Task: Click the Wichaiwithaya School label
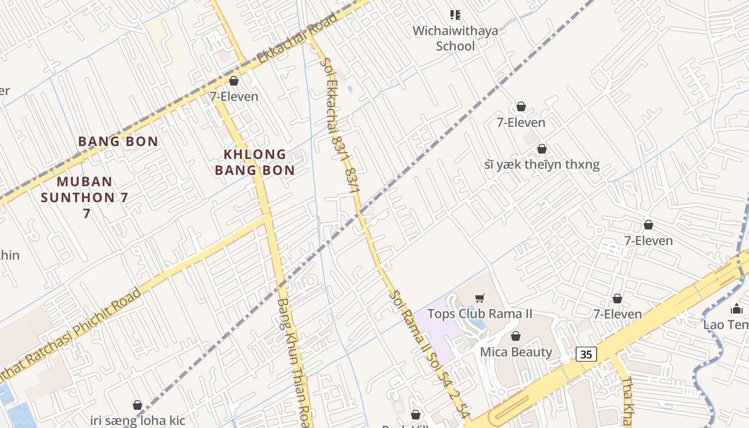(455, 38)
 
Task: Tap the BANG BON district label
(118, 141)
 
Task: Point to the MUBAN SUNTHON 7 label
(85, 196)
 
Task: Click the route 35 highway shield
(586, 354)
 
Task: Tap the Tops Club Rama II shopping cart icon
(480, 298)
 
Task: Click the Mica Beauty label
(516, 352)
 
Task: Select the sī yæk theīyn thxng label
(541, 164)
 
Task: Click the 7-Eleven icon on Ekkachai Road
(234, 81)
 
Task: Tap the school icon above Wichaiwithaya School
(455, 14)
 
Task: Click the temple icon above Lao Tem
(736, 309)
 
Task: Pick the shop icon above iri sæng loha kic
(137, 405)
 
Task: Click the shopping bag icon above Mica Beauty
(516, 336)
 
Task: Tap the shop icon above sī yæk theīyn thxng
(542, 149)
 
